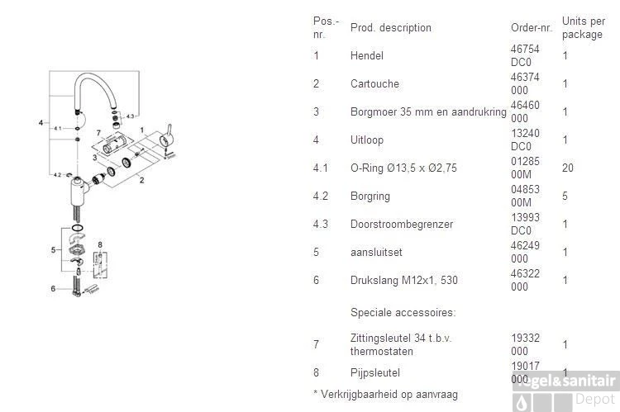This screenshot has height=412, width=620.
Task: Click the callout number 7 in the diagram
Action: coord(98,133)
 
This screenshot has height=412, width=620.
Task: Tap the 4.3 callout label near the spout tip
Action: coord(130,116)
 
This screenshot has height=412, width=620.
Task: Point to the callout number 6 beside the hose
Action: coord(53,289)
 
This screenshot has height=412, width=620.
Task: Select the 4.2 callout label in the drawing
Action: coord(57,174)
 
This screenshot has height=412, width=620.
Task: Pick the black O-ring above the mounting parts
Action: coord(78,228)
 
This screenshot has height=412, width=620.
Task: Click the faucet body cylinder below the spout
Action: coord(78,193)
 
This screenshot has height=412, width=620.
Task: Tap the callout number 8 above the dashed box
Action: coord(100,245)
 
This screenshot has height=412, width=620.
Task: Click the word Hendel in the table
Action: coord(366,55)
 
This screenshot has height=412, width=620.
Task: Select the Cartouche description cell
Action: coord(374,83)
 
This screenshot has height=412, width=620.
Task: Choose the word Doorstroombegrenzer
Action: coord(402,224)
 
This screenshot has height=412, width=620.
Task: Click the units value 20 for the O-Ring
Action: coord(568,168)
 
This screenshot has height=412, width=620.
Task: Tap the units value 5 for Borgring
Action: coord(565,196)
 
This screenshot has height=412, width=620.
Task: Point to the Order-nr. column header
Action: coord(532,27)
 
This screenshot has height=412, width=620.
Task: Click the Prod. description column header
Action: coord(391,27)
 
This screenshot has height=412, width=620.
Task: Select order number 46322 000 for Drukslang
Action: coord(525,280)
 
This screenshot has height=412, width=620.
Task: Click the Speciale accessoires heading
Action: coord(403,312)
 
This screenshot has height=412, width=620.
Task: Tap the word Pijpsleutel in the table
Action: coord(374,372)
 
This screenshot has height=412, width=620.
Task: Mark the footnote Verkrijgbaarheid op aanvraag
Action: coord(385,394)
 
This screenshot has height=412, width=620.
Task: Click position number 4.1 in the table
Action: coord(320,168)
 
